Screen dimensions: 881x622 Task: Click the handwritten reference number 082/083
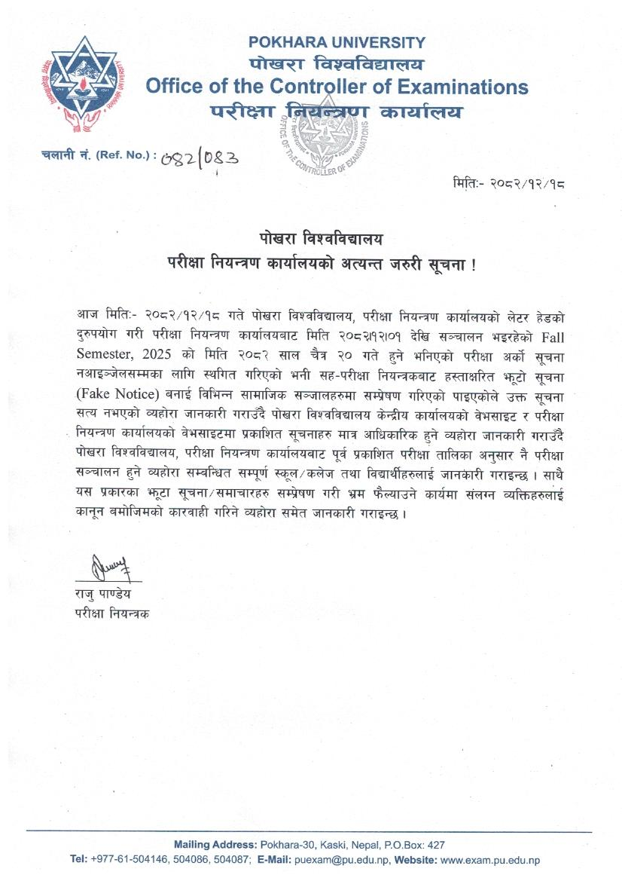(200, 158)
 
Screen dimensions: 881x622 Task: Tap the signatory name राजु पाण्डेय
(107, 595)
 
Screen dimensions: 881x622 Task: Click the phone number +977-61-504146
(132, 860)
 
